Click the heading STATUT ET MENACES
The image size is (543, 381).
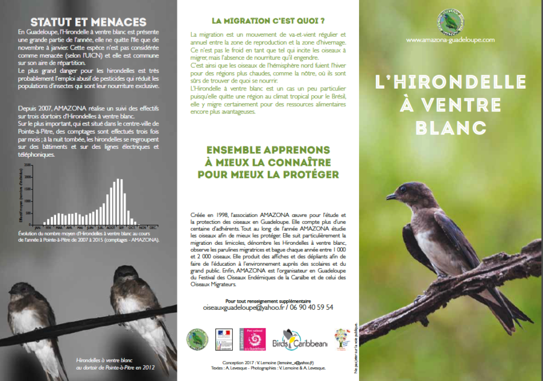88,23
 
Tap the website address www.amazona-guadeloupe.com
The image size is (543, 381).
450,40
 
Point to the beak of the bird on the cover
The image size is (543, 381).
391,196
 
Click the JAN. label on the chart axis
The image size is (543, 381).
38,227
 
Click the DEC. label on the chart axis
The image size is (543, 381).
153,227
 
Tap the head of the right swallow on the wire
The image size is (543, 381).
124,279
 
